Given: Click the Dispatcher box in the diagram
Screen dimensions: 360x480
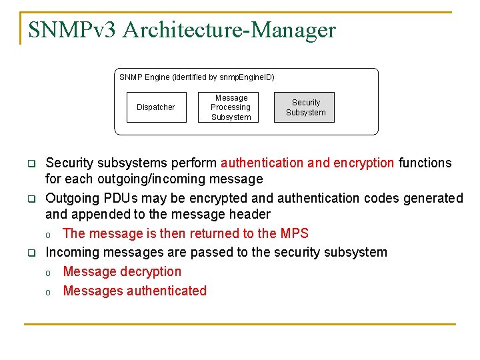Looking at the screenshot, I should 156,107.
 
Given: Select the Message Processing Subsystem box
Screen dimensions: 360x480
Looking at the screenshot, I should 231,107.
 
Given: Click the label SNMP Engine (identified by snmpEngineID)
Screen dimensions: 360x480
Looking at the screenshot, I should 197,77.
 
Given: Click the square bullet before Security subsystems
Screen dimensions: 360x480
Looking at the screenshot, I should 31,163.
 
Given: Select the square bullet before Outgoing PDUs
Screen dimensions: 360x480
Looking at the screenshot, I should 31,199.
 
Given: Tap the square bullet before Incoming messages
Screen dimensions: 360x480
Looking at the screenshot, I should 31,253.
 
